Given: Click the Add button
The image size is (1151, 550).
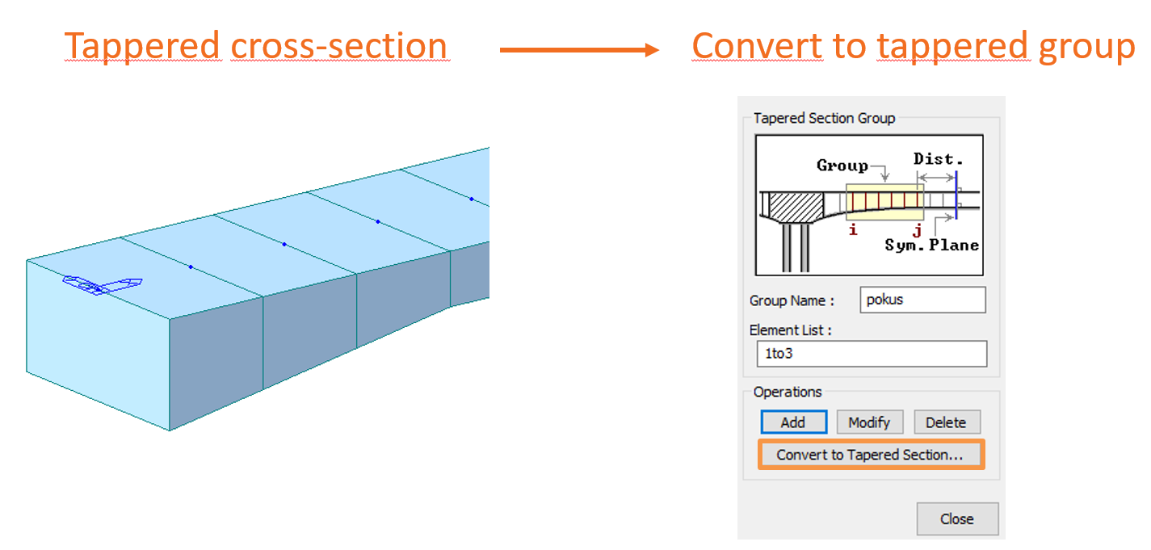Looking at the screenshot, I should click(793, 422).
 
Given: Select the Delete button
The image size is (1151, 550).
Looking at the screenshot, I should click(946, 422).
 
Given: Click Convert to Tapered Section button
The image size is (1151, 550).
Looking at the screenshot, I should click(870, 455).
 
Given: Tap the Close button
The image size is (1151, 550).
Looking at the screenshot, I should click(956, 519).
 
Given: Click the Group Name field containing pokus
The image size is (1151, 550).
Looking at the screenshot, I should click(922, 300).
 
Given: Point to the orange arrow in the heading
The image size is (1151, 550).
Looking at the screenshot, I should click(578, 50).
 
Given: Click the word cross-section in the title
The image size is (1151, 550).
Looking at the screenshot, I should click(338, 46).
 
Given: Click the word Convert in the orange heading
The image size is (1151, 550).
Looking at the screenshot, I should click(756, 46).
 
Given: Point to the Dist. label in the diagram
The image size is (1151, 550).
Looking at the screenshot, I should click(938, 159).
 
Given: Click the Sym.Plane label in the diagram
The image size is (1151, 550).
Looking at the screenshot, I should click(932, 246).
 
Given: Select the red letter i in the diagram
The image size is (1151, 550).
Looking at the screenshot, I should click(852, 230).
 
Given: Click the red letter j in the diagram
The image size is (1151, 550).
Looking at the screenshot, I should click(917, 230).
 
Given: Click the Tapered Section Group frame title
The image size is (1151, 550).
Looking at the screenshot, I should click(824, 119).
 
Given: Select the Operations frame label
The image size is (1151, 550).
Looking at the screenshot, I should click(787, 393).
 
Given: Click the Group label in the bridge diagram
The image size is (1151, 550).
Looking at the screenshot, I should click(842, 166).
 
